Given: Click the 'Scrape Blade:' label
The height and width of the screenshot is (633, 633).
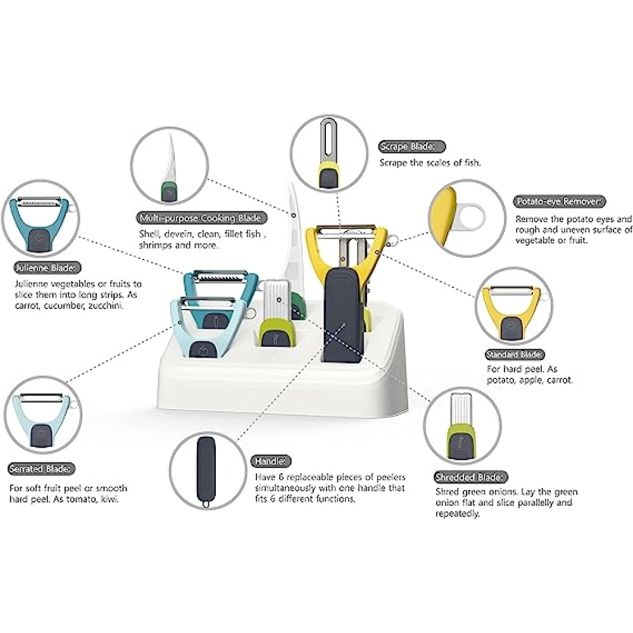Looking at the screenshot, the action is click(x=411, y=147).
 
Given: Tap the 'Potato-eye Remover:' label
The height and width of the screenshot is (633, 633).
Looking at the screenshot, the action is click(x=559, y=201).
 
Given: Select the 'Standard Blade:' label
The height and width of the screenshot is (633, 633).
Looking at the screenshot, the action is click(x=514, y=354).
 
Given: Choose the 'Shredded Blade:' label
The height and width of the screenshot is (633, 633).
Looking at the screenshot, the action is click(x=471, y=477).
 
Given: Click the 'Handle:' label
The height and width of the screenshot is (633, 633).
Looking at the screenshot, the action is click(x=271, y=461).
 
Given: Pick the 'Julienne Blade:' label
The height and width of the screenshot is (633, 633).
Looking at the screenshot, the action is click(x=47, y=268).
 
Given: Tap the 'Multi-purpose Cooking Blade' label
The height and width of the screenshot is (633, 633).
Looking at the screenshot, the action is click(x=201, y=218).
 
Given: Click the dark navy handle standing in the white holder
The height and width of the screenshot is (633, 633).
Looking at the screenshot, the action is click(x=343, y=314).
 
